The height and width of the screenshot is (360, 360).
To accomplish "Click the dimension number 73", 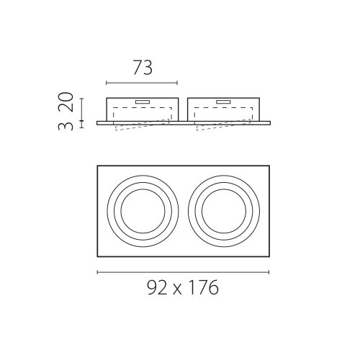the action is click(143, 68).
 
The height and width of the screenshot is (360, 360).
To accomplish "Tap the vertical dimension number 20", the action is click(66, 102).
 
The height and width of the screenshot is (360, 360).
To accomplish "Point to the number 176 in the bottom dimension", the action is click(204, 287).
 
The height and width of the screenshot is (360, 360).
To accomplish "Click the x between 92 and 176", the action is click(177, 290).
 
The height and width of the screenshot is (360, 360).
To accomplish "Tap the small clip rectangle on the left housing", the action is click(143, 102).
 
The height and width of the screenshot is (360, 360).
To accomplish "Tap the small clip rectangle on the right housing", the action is click(224, 102).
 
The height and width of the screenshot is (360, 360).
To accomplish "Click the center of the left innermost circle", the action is click(143, 211).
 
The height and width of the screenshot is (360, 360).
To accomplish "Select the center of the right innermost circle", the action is click(224, 211).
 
